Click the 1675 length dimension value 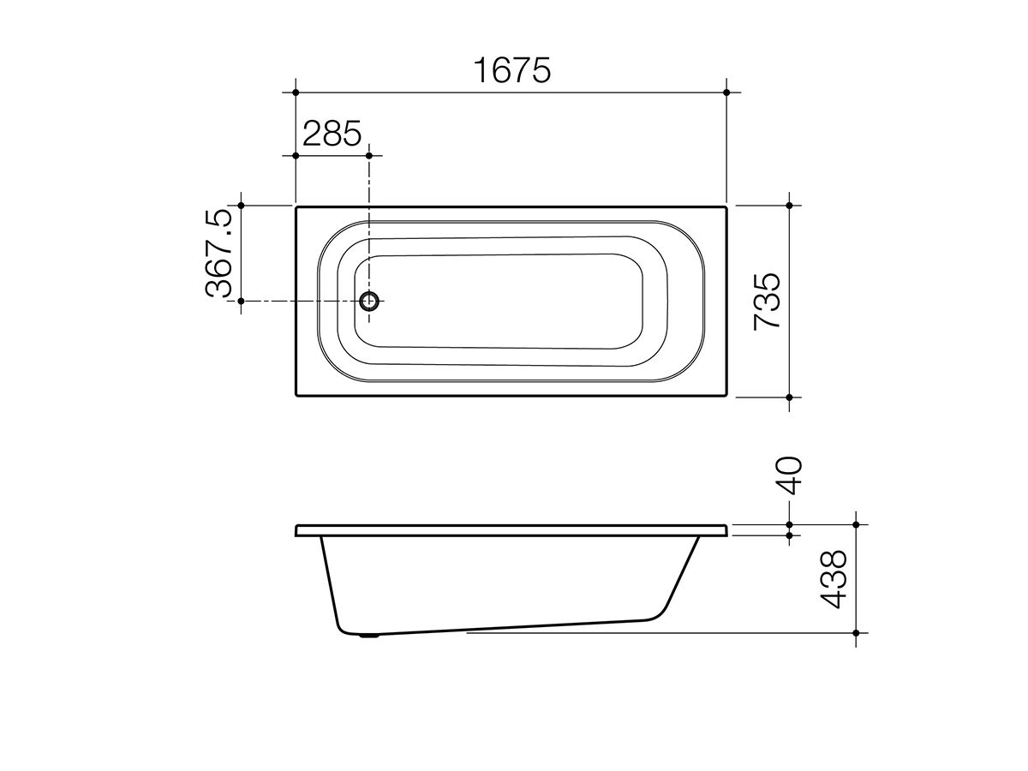click(x=512, y=70)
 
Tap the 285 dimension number click(x=332, y=134)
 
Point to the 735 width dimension click(x=767, y=302)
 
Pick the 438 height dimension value click(x=834, y=580)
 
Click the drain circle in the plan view click(x=369, y=301)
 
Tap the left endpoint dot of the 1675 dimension click(x=296, y=93)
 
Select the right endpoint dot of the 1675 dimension click(x=726, y=93)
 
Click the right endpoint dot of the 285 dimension click(x=369, y=155)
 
